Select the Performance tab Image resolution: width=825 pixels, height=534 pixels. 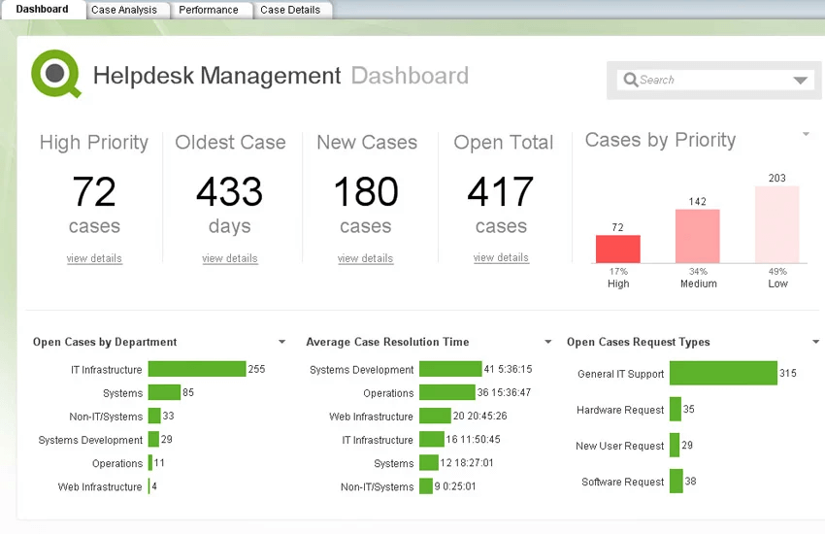[x=208, y=10]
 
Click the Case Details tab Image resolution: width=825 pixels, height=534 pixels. [x=290, y=10]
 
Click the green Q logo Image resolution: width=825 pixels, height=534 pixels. [x=55, y=73]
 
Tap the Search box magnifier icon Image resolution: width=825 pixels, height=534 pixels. [x=631, y=81]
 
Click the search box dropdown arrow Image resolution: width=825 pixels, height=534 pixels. [x=801, y=82]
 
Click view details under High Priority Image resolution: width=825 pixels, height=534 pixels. [x=94, y=258]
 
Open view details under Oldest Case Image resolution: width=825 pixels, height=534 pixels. [x=230, y=258]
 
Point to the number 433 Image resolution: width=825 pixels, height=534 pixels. [x=230, y=192]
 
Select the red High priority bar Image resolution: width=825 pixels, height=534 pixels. [x=618, y=249]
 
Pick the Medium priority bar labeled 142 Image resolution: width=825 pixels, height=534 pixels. [x=698, y=236]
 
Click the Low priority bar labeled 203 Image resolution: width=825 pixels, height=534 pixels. [x=777, y=224]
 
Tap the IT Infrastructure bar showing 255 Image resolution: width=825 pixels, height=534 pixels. [x=196, y=369]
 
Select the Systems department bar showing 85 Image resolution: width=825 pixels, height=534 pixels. [x=164, y=393]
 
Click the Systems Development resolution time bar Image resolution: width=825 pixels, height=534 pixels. [x=450, y=369]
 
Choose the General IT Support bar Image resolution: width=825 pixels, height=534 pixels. [x=723, y=374]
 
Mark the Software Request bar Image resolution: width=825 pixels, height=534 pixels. [x=676, y=482]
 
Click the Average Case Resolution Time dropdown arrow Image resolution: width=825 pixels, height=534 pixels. [x=548, y=342]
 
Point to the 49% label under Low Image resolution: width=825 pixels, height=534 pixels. [x=777, y=272]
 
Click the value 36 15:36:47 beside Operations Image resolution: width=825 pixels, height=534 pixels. [x=504, y=393]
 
